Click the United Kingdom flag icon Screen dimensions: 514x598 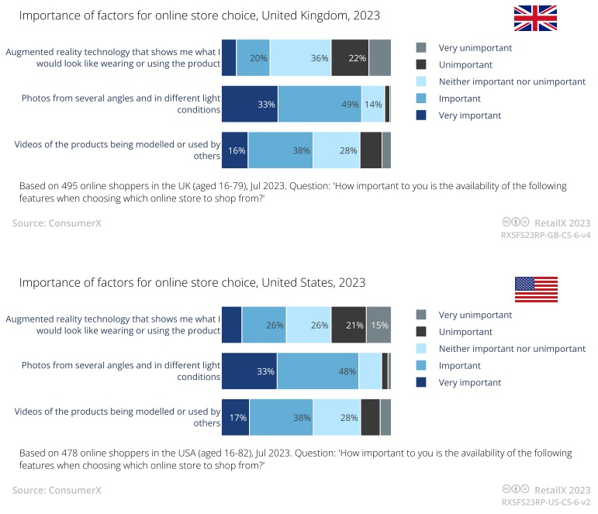[x=535, y=19]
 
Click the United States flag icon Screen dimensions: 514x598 [x=536, y=289]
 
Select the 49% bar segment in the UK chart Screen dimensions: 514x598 [x=320, y=105]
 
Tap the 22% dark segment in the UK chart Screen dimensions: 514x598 [x=350, y=58]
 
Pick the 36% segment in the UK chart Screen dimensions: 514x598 [x=300, y=58]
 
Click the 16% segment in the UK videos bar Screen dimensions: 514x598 [x=235, y=150]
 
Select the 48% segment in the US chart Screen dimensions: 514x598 [x=317, y=371]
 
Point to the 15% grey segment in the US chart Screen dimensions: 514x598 [x=379, y=325]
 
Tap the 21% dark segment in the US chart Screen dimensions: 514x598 [x=349, y=325]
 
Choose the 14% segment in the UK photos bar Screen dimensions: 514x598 [x=373, y=105]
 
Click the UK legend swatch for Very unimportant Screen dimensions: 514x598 [x=421, y=48]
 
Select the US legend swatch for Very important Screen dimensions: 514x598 [x=421, y=382]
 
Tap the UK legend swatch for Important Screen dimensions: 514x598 [x=421, y=98]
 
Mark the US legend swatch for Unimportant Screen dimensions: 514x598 [x=421, y=332]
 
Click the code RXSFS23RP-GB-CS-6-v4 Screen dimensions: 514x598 [x=546, y=235]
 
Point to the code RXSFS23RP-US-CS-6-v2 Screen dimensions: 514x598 [x=546, y=502]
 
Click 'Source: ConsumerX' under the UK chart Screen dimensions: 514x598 [x=57, y=223]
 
